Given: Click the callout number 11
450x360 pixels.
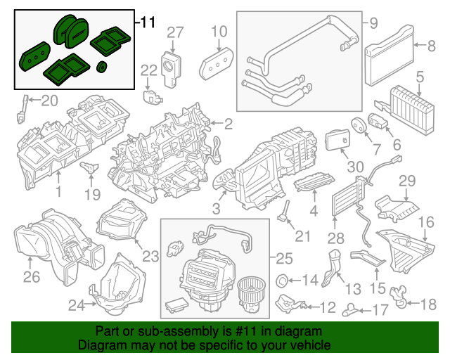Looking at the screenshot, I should tap(146, 22).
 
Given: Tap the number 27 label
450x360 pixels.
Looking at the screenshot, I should tap(174, 32).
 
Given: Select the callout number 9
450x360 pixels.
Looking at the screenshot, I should tap(372, 23).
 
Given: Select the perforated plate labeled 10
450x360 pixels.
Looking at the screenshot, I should tap(217, 64).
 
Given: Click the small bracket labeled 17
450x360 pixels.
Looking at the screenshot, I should tap(350, 307).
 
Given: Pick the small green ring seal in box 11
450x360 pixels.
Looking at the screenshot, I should tap(101, 67).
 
